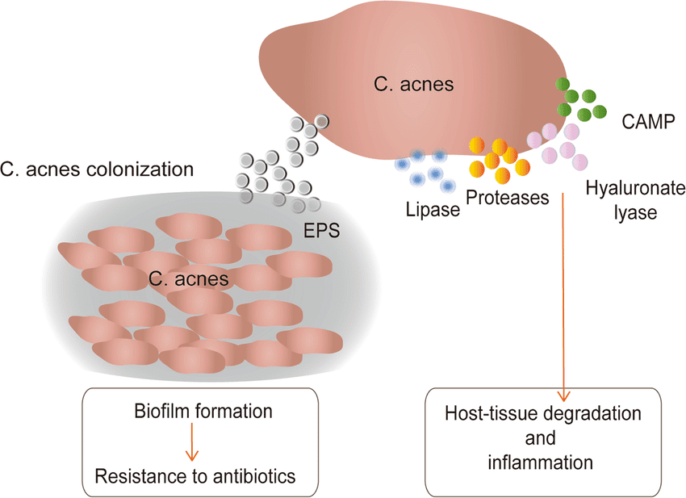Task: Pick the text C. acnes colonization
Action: pos(98,170)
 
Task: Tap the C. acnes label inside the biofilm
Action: pos(187,278)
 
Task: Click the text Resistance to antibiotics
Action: pos(195,475)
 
